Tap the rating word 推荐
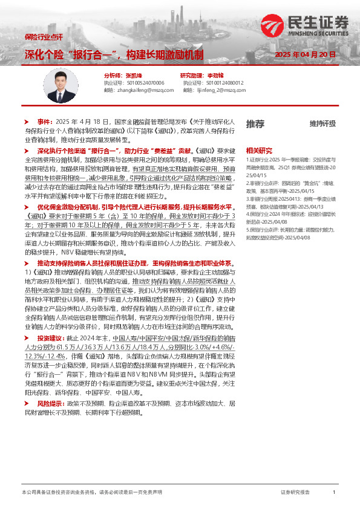pos(255,124)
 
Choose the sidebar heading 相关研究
pos(258,150)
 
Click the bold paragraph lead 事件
pos(45,122)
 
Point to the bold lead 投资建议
pos(50,355)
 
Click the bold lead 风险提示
pos(50,403)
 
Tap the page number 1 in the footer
pos(334,493)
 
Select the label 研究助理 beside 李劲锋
pos(194,75)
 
